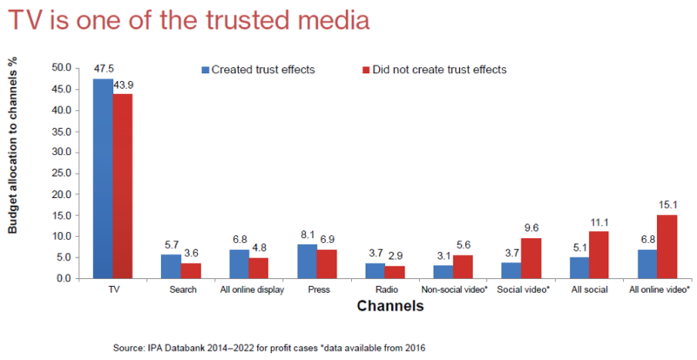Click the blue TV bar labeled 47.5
102,179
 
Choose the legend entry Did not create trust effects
433,69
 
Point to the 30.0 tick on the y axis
61,152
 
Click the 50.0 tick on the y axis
61,67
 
